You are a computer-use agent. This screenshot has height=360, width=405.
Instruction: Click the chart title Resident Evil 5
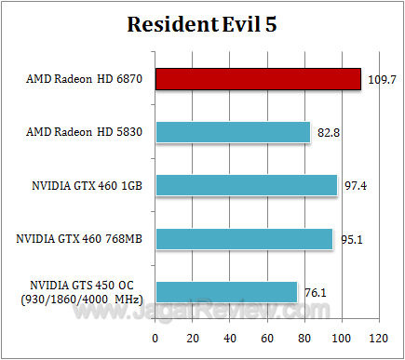tap(203, 25)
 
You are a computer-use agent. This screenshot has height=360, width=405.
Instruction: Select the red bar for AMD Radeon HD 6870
tap(258, 79)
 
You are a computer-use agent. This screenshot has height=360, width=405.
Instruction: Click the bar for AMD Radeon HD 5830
tap(233, 132)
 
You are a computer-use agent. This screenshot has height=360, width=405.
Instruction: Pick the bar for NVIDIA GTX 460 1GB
tap(247, 185)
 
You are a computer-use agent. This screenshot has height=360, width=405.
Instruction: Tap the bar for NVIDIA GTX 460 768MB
tap(244, 239)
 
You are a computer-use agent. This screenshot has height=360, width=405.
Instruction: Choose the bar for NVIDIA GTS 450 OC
tap(226, 292)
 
